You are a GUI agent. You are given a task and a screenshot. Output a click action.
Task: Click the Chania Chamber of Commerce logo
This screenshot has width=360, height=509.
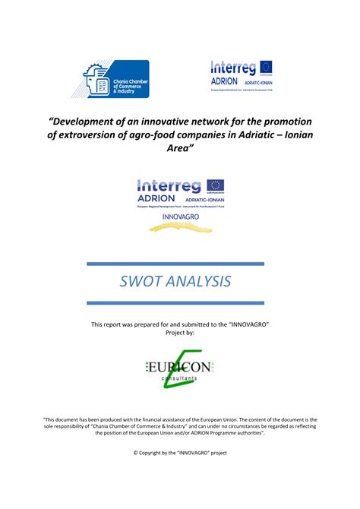116,79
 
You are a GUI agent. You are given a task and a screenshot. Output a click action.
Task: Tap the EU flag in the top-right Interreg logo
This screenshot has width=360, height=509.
265,68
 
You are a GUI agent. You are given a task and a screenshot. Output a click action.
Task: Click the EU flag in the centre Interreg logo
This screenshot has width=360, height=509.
216,185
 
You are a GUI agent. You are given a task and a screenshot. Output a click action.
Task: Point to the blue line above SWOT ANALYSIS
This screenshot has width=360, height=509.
175,264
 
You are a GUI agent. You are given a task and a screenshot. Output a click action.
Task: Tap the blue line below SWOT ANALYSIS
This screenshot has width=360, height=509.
175,302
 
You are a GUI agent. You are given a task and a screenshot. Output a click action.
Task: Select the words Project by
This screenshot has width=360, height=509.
180,332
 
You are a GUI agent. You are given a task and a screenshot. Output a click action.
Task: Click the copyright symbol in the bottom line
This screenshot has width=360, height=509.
135,453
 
